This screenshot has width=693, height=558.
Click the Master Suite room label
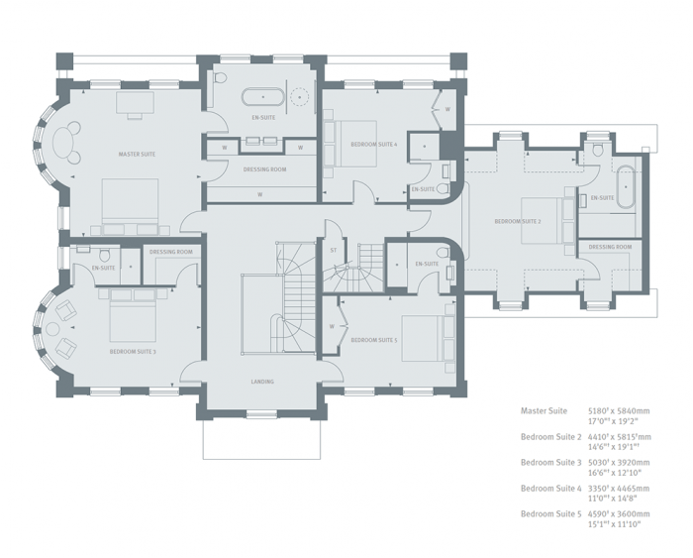pyautogui.click(x=137, y=155)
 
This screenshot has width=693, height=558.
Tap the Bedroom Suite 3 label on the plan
pyautogui.click(x=133, y=351)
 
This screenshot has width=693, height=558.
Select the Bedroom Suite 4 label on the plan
pyautogui.click(x=373, y=145)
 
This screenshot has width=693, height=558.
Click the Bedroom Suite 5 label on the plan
pyautogui.click(x=373, y=340)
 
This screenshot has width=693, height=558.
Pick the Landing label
pyautogui.click(x=261, y=382)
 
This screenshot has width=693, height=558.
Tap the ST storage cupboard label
pyautogui.click(x=334, y=250)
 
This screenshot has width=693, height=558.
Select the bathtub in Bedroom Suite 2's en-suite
pyautogui.click(x=627, y=183)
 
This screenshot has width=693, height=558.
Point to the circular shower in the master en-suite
pyautogui.click(x=301, y=97)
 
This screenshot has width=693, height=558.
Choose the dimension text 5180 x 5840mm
pyautogui.click(x=619, y=410)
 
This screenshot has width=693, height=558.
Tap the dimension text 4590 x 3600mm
pyautogui.click(x=619, y=513)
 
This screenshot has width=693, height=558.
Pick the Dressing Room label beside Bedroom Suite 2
pyautogui.click(x=610, y=247)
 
